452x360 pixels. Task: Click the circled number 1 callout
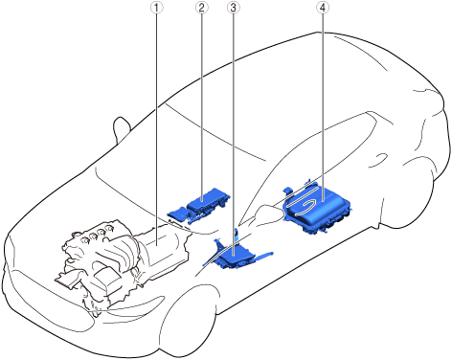click(x=156, y=9)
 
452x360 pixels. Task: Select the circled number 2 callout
click(x=201, y=9)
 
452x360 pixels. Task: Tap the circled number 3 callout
click(x=233, y=9)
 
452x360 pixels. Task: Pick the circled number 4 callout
click(x=323, y=9)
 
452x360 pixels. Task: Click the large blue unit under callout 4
click(x=319, y=208)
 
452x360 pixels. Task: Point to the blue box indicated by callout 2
click(x=209, y=202)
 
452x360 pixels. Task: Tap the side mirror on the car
click(x=122, y=129)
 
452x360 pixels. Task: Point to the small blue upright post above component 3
click(x=237, y=235)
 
